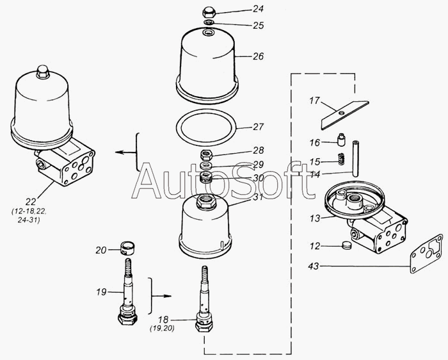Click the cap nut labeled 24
[209, 13]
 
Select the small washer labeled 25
[209, 22]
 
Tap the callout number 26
[258, 56]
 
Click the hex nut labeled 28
[205, 155]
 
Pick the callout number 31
[258, 197]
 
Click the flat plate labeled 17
[344, 115]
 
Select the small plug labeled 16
[340, 140]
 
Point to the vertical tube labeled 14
[355, 159]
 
